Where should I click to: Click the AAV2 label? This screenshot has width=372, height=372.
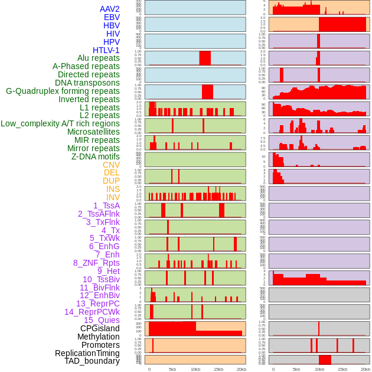pos(109,9)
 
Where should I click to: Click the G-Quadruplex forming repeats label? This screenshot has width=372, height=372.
pos(63,92)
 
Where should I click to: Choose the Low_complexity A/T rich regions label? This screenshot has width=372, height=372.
pos(60,124)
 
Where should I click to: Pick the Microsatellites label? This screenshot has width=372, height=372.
pos(93,132)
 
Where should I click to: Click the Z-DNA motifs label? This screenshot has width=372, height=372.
pos(96,156)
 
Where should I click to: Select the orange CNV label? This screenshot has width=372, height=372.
pos(111,165)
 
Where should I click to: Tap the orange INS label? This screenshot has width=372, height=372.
pos(113,189)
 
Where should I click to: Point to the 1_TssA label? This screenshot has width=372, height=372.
pos(106,205)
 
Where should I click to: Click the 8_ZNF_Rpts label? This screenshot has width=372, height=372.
pos(96,263)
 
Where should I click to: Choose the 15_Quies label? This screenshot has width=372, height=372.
pos(101,320)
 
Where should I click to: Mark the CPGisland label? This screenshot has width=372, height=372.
pos(100,328)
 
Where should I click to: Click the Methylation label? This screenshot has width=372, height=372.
pos(98,337)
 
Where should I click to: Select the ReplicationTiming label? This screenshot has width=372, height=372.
pos(87,353)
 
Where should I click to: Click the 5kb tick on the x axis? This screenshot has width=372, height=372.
pos(172,369)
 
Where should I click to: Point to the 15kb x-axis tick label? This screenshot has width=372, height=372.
pos(218,369)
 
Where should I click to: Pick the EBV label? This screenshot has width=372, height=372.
pos(112,18)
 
